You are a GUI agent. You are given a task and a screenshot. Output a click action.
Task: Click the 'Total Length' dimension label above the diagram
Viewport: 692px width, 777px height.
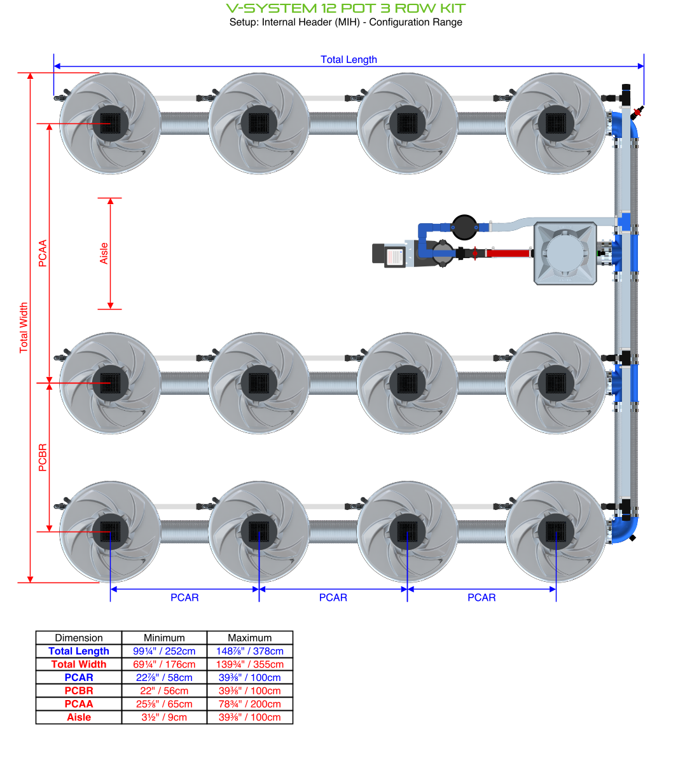point(349,60)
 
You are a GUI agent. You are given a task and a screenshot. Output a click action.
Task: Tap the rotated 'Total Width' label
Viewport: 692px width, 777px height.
point(24,327)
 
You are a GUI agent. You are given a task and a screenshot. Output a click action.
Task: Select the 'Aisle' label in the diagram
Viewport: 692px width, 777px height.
point(104,253)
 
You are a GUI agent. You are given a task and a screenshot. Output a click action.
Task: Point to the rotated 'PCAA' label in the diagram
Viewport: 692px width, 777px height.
point(43,253)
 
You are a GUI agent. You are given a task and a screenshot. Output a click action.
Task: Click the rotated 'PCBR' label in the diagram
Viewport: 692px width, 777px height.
point(43,457)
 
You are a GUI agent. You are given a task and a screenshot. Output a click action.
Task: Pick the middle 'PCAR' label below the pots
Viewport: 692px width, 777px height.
point(333,598)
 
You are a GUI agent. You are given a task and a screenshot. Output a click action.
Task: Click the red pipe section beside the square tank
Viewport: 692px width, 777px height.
point(509,253)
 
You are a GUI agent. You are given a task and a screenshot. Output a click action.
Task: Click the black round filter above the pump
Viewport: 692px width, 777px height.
point(464,226)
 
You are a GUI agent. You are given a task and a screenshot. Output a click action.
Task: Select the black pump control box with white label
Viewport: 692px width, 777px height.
point(389,256)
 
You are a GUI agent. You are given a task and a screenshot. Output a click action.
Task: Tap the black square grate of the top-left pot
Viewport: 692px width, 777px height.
point(110,123)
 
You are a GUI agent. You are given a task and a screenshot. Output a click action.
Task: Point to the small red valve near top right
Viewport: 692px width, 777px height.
point(637,113)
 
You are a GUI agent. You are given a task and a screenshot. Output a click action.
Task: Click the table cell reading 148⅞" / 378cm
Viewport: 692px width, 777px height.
point(250,651)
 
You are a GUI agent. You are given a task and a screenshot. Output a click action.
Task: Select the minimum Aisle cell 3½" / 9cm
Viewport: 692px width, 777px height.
point(164,717)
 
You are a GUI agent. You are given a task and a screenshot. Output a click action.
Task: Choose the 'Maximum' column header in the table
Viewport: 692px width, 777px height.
point(250,638)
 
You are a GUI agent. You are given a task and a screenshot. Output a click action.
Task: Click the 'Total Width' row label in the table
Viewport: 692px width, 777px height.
point(79,664)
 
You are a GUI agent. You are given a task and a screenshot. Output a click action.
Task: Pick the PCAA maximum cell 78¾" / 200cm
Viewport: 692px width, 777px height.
point(250,704)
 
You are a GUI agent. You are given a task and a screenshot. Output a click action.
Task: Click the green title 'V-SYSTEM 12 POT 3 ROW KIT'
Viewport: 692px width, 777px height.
point(346,8)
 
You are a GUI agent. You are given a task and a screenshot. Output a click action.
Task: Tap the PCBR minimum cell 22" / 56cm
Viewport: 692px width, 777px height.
point(164,691)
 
